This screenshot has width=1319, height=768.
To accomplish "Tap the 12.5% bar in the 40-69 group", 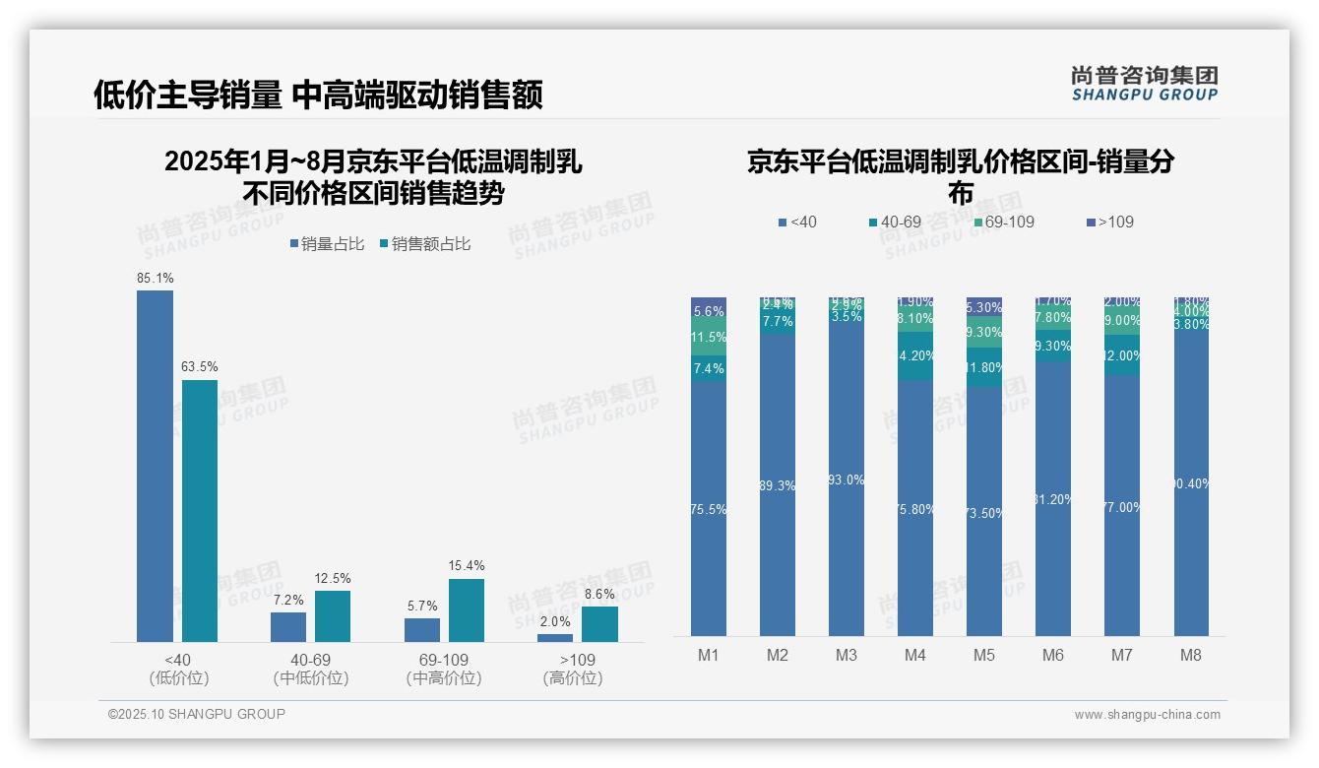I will (x=333, y=616).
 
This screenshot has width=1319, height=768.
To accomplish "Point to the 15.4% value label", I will (x=466, y=566).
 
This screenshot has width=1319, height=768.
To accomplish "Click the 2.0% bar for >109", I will (x=555, y=638).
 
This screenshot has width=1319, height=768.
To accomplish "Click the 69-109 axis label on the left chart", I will (x=444, y=660).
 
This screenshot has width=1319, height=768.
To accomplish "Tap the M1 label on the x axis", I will (x=709, y=655).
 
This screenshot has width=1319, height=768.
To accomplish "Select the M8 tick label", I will (x=1190, y=655).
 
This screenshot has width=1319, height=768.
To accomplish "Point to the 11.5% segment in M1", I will (x=709, y=337).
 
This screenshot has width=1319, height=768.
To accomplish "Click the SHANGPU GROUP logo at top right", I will (x=1144, y=84).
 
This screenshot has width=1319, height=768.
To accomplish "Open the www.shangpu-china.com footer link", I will (x=1147, y=715).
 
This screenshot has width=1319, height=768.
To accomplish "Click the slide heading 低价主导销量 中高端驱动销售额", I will (x=318, y=95).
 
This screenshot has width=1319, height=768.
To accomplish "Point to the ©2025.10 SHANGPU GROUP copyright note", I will (x=197, y=714).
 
